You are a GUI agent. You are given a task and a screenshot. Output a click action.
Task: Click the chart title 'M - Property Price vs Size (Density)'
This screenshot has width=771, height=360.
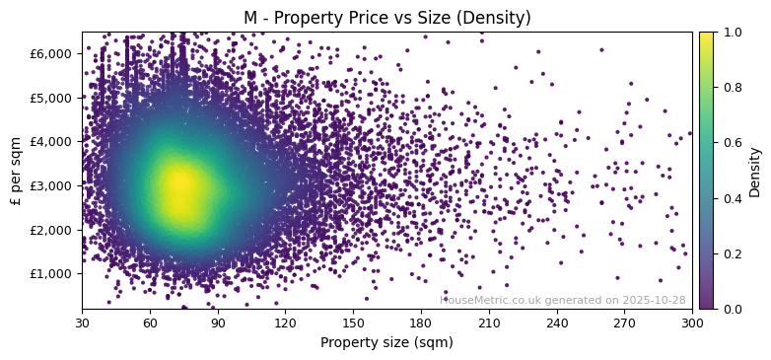pyautogui.click(x=386, y=18)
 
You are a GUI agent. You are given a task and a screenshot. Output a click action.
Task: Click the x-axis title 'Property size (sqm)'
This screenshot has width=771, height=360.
pyautogui.click(x=386, y=343)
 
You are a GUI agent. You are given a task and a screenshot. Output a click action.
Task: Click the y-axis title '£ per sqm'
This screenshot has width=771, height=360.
pyautogui.click(x=16, y=171)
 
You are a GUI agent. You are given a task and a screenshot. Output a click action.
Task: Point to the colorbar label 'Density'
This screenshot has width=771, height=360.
pyautogui.click(x=755, y=172)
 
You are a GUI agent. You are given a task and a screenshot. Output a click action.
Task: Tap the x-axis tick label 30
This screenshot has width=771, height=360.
pyautogui.click(x=82, y=323)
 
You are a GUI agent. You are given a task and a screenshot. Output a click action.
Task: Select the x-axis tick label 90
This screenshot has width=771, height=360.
pyautogui.click(x=217, y=323)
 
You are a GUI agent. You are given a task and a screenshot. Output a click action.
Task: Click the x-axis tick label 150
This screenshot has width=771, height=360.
pyautogui.click(x=353, y=323)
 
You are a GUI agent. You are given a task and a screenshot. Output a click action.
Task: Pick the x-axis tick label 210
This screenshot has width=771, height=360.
pyautogui.click(x=489, y=323)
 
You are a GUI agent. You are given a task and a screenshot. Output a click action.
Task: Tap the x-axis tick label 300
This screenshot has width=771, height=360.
pyautogui.click(x=692, y=323)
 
